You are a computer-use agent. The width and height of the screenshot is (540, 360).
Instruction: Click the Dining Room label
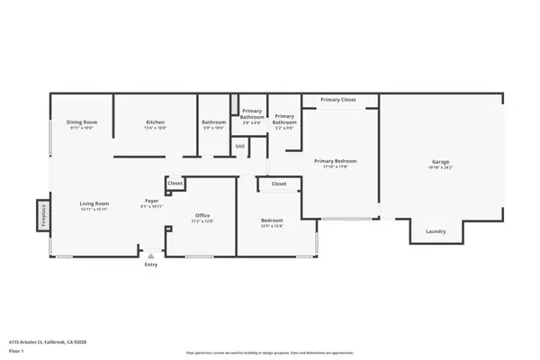84,121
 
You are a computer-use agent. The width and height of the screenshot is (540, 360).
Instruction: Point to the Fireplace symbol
41,217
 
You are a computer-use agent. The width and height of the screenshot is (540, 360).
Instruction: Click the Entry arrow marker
150,256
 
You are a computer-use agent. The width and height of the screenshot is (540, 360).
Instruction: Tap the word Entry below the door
150,265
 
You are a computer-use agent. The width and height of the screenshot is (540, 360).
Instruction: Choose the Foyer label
152,201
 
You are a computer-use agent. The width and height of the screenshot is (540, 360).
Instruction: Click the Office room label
202,216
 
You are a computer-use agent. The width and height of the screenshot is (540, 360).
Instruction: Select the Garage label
440,162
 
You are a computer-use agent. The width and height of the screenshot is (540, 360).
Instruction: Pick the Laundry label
436,232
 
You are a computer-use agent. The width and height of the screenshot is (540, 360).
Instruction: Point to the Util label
239,146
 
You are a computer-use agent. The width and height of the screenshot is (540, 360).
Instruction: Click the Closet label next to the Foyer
175,184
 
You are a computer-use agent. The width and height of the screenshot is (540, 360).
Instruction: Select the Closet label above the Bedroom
279,184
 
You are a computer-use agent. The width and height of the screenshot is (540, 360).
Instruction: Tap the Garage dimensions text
440,168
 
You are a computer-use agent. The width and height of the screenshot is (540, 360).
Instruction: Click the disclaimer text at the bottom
270,353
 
